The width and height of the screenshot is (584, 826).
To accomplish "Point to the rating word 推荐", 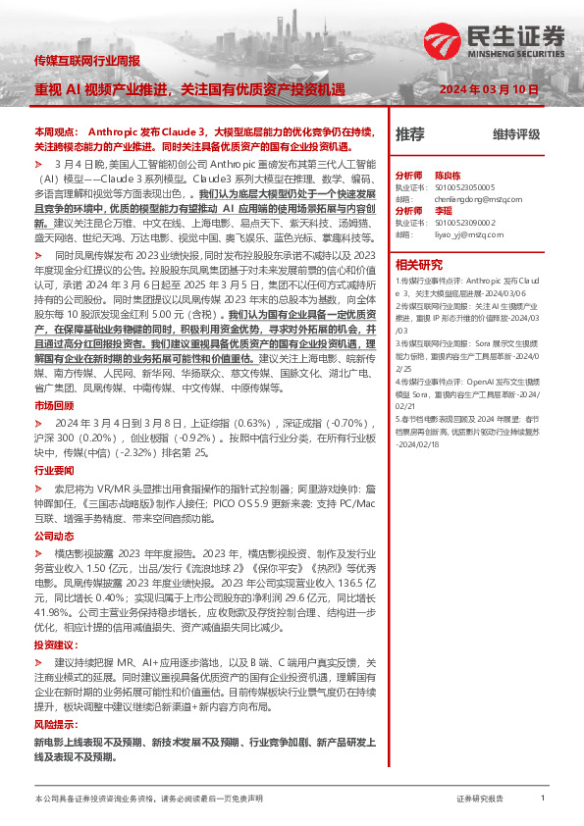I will coord(409,133).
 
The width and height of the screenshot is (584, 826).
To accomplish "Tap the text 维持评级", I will coord(516,134).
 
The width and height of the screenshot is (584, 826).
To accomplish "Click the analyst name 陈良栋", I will coord(448,173).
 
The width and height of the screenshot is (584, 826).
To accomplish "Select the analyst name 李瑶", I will coord(444,210).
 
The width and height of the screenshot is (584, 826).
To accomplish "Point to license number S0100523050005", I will coord(461,185).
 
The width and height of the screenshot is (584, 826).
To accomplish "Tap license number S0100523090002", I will coord(461,223).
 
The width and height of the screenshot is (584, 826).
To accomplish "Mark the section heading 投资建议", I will coord(53,645).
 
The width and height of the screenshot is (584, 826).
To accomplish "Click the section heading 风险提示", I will coord(53,722).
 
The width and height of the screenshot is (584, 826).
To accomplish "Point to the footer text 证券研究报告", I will coord(480,799).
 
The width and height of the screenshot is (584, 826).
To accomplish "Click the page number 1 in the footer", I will coord(543,798).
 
